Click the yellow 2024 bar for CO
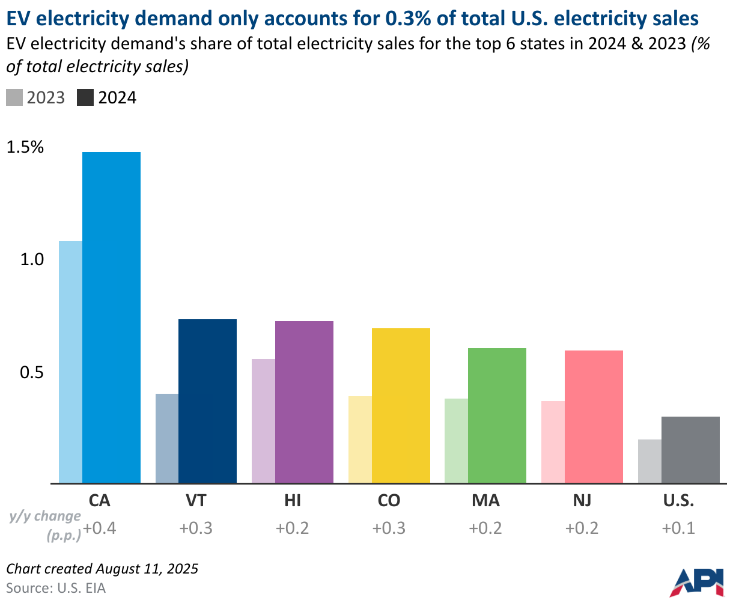[401, 405]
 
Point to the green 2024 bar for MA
[497, 415]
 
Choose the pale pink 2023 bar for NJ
[553, 442]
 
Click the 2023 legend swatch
[14, 98]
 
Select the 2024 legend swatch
[85, 98]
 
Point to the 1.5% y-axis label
[25, 147]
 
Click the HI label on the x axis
[292, 501]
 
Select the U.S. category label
[678, 501]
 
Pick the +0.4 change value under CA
[99, 528]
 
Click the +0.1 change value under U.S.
[678, 528]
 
